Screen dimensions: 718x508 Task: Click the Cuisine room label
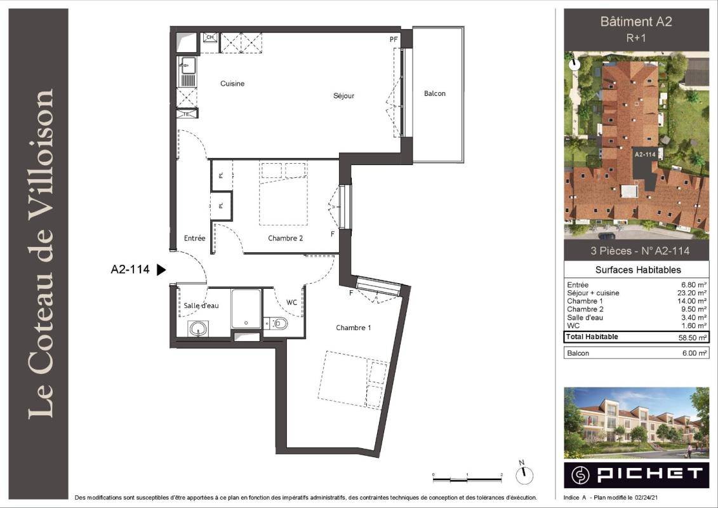(232, 83)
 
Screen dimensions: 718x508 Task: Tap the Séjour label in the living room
(343, 96)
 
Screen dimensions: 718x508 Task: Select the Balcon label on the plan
(435, 93)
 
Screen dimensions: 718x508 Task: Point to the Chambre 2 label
(285, 238)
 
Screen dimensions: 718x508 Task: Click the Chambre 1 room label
(354, 328)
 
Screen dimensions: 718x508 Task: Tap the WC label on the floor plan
(291, 302)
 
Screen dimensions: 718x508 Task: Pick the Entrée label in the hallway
(195, 238)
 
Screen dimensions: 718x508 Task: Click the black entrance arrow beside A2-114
(161, 270)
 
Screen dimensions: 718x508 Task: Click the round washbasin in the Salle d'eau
(198, 328)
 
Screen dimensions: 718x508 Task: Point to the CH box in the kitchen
(210, 37)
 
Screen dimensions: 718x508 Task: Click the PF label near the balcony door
(394, 39)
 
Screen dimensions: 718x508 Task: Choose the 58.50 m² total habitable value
(693, 338)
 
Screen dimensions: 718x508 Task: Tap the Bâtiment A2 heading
(636, 22)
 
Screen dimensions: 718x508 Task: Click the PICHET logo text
(650, 474)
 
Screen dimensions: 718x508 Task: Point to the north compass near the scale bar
(524, 476)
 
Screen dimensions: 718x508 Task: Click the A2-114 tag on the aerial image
(645, 155)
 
